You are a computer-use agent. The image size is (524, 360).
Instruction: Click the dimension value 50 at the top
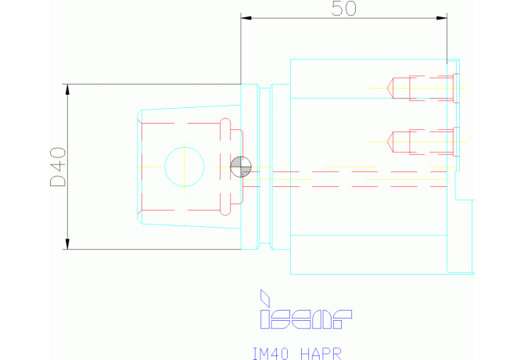[344, 9]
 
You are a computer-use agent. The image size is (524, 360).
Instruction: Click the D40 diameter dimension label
[58, 167]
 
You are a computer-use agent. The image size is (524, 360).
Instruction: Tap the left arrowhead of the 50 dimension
[246, 18]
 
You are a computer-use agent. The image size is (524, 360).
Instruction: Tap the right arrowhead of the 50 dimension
[442, 18]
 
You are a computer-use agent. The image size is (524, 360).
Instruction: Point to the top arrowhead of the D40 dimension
[67, 89]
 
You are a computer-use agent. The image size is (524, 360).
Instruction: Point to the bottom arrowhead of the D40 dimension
[67, 244]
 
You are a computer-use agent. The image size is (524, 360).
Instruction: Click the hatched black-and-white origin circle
[241, 167]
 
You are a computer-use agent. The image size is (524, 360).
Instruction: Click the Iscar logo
[306, 309]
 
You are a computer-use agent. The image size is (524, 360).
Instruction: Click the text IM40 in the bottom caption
[270, 354]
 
